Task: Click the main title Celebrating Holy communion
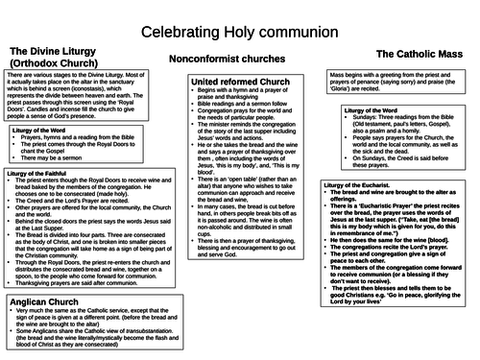239,33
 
